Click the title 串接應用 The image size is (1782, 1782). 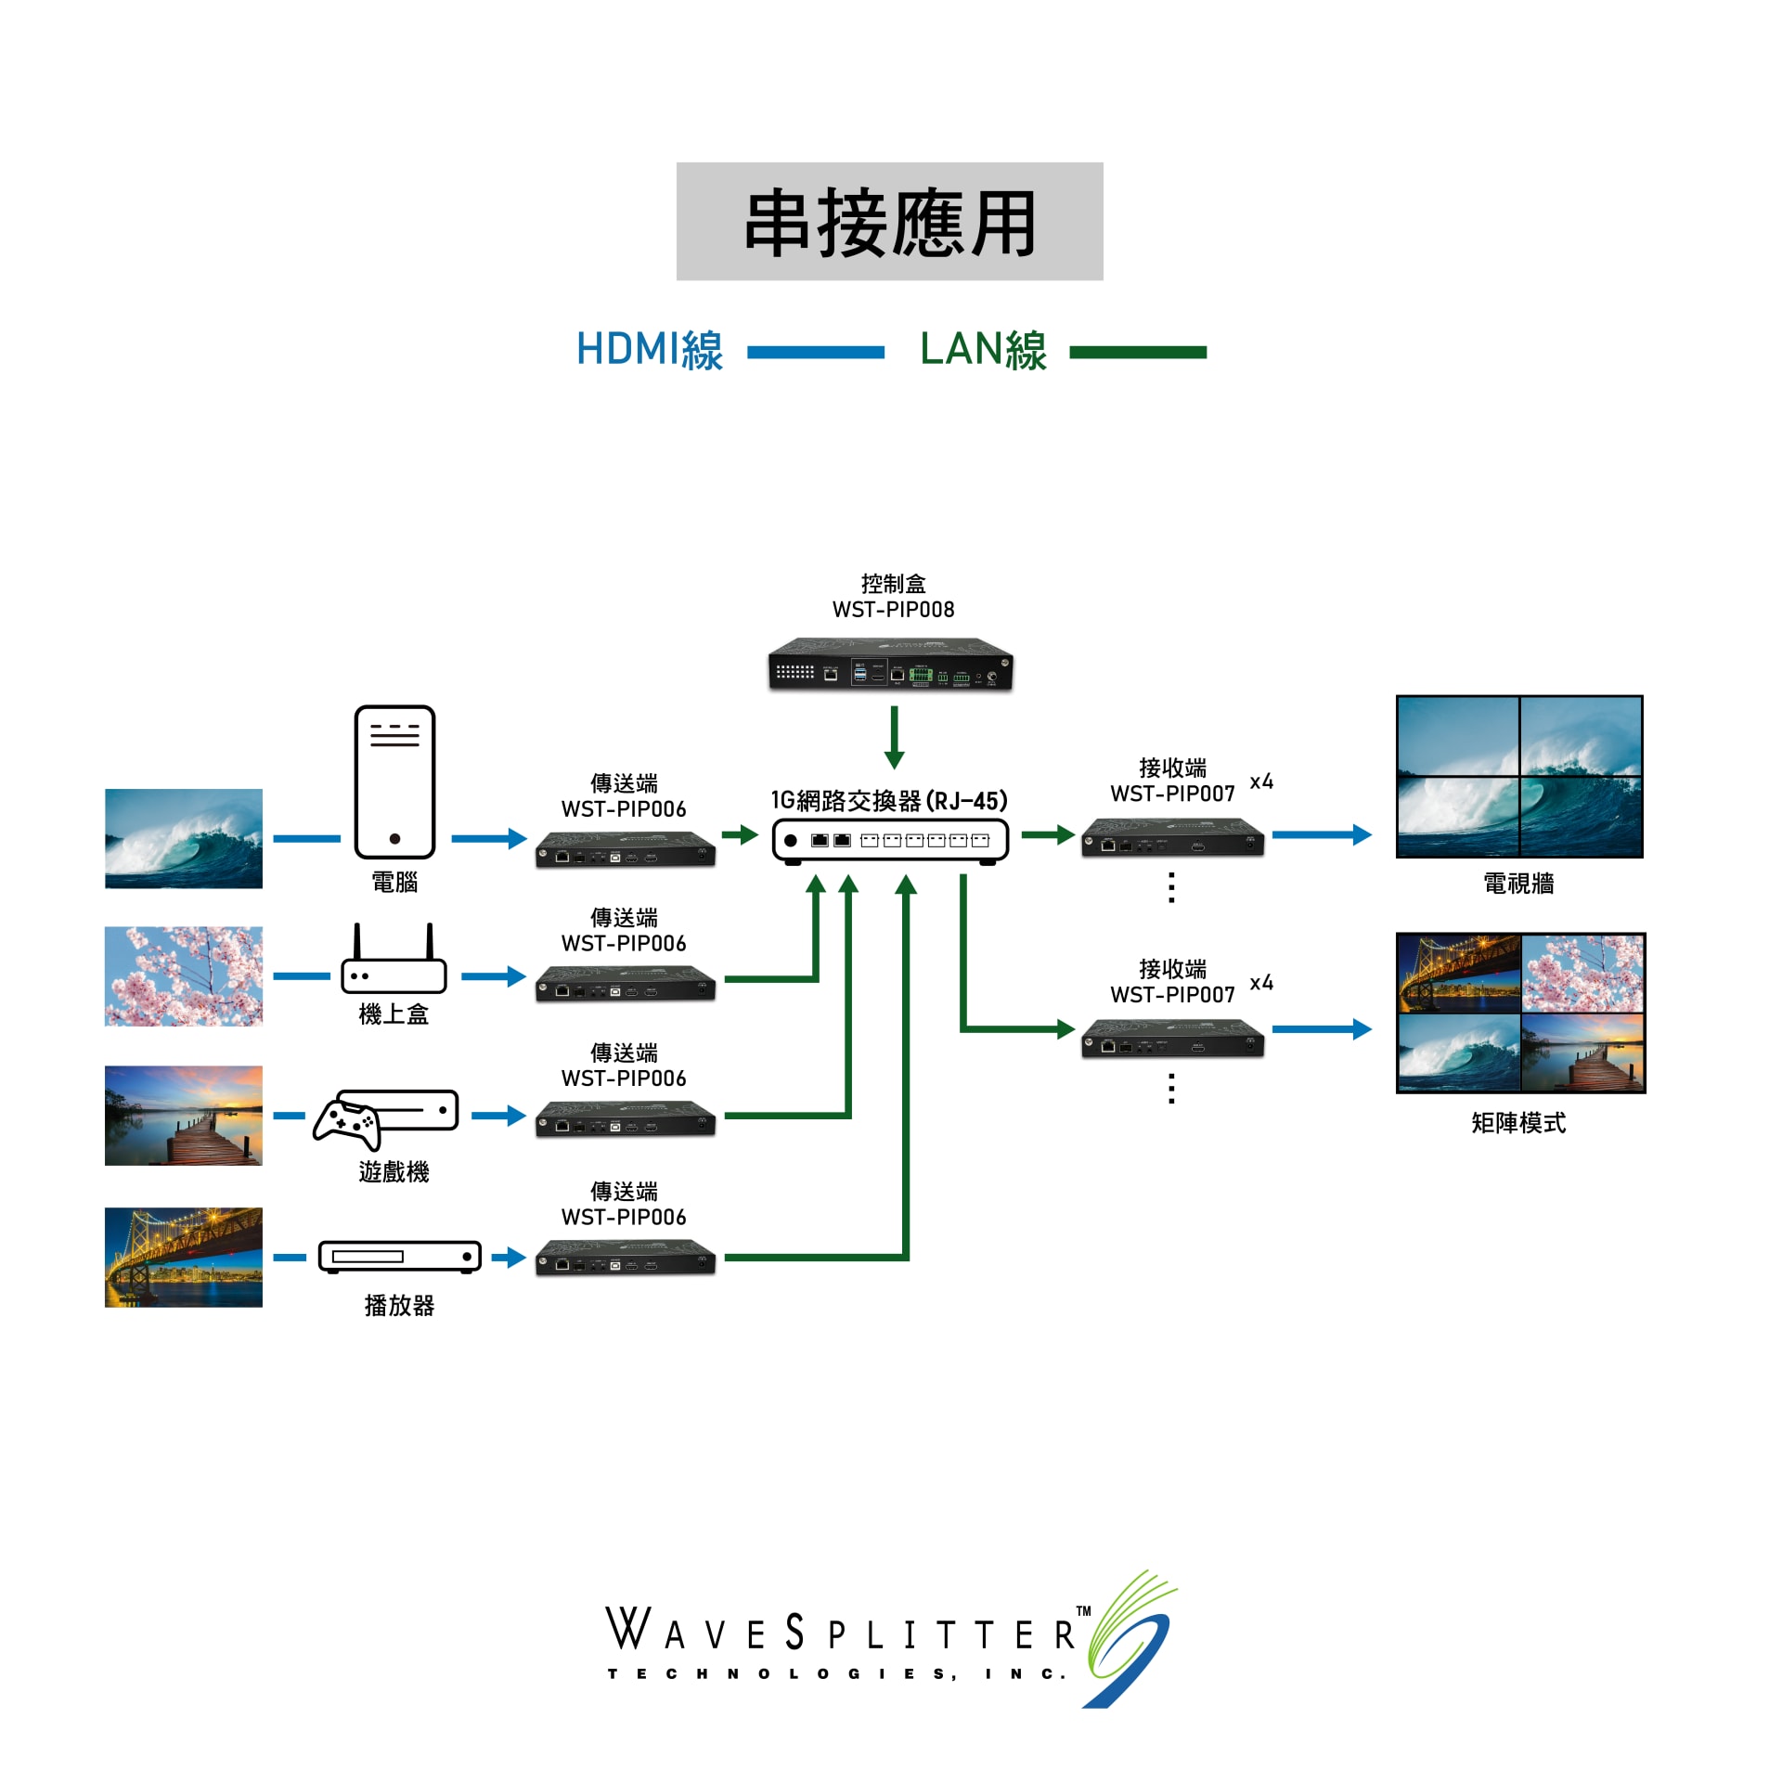pos(889,223)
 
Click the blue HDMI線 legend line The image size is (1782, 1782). pos(815,353)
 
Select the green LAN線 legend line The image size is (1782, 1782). pos(1137,353)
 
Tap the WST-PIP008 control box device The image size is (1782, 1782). pos(890,665)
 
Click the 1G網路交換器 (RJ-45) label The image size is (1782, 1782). pos(889,800)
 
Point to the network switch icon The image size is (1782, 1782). pos(890,841)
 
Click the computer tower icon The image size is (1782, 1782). pos(394,781)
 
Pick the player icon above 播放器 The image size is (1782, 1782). pos(400,1257)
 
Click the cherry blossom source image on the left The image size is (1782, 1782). pos(184,976)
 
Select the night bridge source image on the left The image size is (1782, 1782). pos(184,1257)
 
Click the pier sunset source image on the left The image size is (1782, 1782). pos(184,1116)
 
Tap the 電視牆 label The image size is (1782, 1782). pos(1518,884)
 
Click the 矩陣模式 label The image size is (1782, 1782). pos(1518,1123)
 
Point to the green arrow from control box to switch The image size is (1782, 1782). pos(894,737)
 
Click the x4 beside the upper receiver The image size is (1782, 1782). pos(1261,781)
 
